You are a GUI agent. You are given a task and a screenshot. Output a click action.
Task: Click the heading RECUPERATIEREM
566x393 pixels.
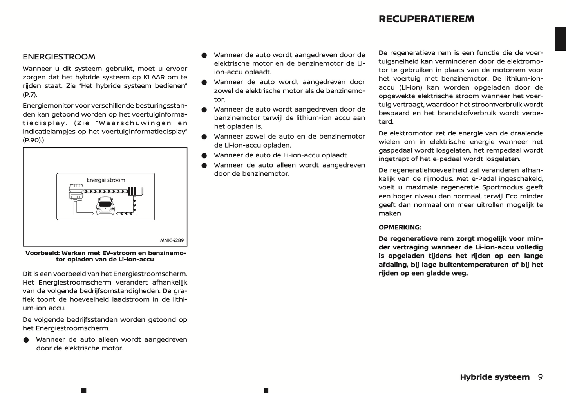426,19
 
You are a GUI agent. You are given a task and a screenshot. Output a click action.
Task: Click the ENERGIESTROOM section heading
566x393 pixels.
59,57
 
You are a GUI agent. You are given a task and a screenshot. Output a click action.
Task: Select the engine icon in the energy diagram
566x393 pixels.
75,192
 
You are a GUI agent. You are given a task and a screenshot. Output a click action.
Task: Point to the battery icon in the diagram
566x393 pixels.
135,191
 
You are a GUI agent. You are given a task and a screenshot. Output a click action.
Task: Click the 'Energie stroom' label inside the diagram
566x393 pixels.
106,180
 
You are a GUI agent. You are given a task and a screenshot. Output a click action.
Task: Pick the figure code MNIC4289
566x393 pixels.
172,240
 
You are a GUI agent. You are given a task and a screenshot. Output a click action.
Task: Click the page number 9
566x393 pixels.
540,377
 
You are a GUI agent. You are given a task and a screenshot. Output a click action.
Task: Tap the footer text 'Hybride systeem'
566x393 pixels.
494,377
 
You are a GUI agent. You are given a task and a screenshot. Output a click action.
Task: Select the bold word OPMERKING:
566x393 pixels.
400,227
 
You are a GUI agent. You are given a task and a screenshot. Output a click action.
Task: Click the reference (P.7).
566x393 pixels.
30,94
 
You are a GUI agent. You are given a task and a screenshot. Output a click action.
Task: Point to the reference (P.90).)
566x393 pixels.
33,140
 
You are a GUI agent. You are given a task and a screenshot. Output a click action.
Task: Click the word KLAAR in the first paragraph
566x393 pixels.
154,77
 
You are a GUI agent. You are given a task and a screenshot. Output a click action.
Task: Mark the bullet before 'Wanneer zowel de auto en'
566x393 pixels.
204,137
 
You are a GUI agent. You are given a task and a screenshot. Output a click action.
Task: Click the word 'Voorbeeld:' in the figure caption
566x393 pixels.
42,253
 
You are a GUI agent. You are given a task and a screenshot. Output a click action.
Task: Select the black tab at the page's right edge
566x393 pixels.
561,39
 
